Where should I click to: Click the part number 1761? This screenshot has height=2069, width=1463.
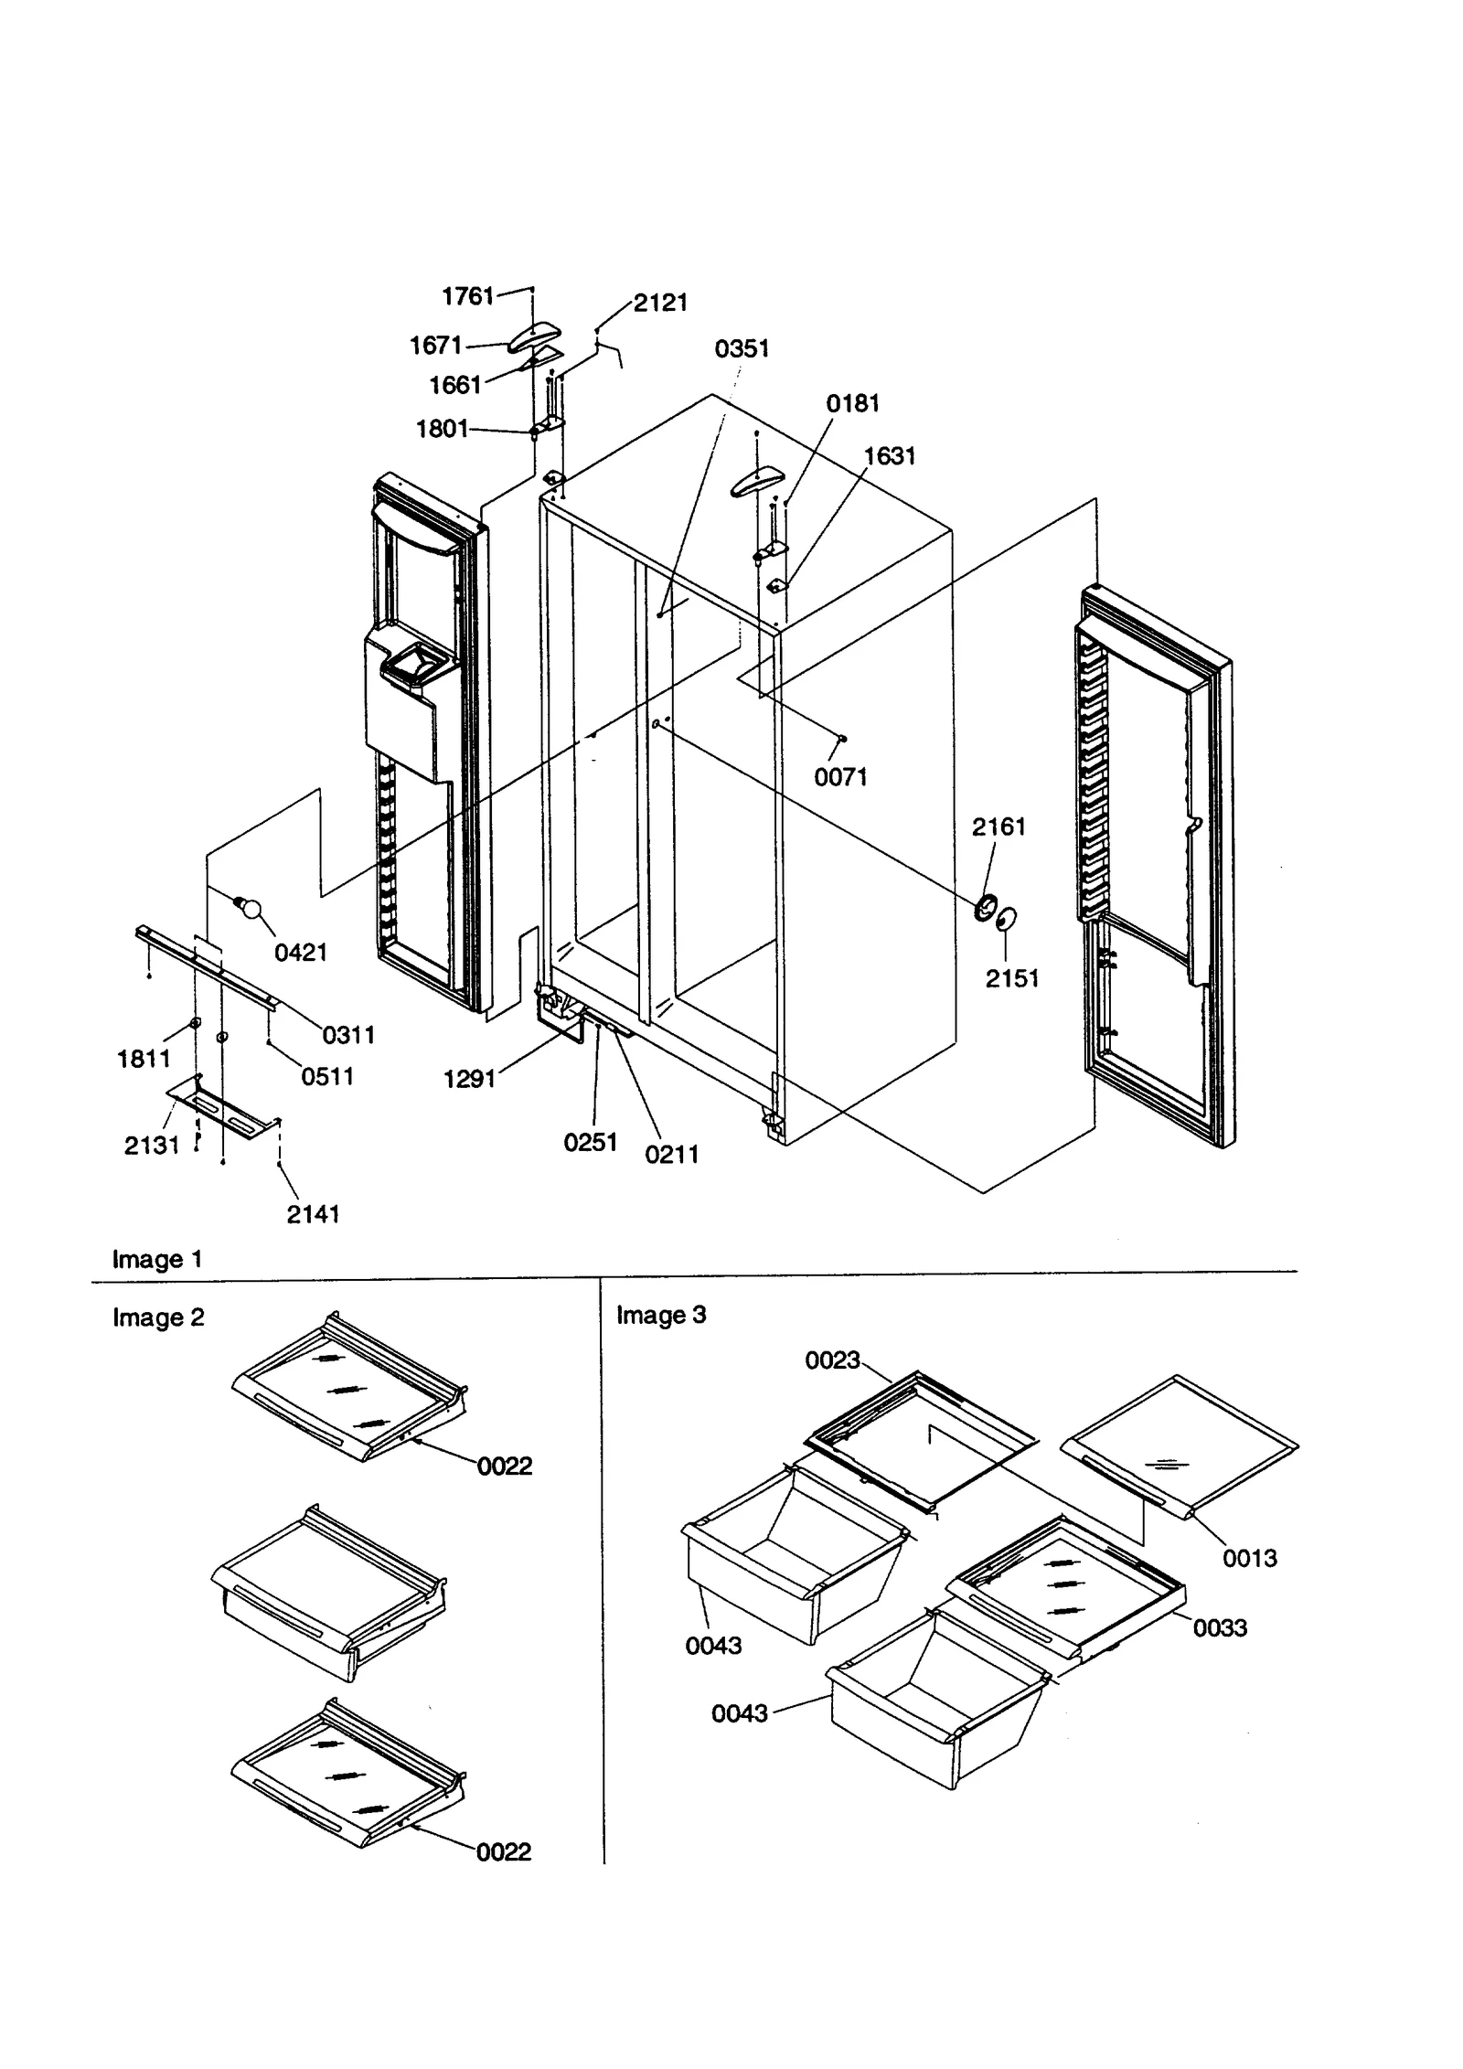pos(467,296)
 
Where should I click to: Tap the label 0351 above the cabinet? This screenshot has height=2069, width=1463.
pos(742,348)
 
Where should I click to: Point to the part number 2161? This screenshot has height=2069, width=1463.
pos(998,827)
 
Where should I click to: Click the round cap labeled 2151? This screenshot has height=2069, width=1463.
pos(1006,918)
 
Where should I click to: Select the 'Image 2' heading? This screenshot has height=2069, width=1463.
pos(158,1317)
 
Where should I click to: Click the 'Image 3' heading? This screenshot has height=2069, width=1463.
pos(660,1315)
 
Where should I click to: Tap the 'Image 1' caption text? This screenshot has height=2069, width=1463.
pos(156,1259)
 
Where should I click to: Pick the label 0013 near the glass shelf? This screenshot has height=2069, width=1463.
pos(1249,1558)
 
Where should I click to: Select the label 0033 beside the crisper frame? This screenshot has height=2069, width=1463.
pos(1220,1627)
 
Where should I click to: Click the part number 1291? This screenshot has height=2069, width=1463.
pos(469,1080)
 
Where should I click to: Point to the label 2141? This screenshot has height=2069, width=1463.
pos(313,1214)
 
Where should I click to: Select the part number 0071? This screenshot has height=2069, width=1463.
pos(840,777)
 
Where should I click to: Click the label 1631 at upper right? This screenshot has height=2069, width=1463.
pos(890,455)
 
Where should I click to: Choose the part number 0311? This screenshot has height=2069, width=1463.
pos(348,1035)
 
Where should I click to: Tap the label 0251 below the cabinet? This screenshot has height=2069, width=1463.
pos(591,1142)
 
